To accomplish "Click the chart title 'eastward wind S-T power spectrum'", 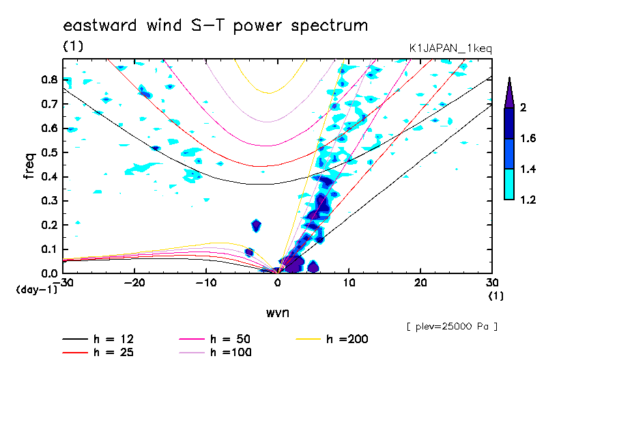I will pyautogui.click(x=215, y=26).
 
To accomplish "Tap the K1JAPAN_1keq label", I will pyautogui.click(x=450, y=48).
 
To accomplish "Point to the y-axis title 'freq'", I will pyautogui.click(x=29, y=165).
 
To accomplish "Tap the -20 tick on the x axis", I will pyautogui.click(x=134, y=283).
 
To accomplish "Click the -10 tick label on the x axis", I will pyautogui.click(x=206, y=283).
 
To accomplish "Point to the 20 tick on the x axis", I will pyautogui.click(x=420, y=283).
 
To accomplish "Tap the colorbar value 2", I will pyautogui.click(x=524, y=108).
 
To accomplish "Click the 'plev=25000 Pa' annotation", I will pyautogui.click(x=452, y=327).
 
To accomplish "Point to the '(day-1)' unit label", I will pyautogui.click(x=36, y=289).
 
